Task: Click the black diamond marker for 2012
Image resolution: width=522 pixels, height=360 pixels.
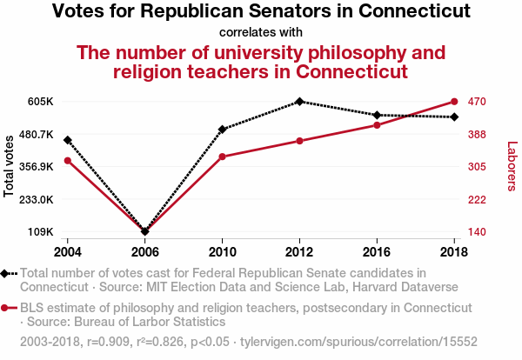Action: [x=299, y=102]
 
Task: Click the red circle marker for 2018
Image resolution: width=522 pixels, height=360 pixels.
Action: [x=454, y=102]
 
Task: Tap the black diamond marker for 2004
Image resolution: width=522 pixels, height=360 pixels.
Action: [x=68, y=140]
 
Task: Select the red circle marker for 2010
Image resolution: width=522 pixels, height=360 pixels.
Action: [x=223, y=157]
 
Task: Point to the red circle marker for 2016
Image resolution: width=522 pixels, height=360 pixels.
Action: [x=377, y=125]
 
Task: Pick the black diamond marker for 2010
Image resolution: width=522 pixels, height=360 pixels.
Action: [x=223, y=130]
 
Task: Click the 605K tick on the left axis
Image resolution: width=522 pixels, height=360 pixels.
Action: [x=40, y=102]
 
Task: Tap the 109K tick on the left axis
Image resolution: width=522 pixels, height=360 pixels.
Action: [x=40, y=232]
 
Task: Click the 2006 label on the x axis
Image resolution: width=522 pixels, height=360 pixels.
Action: [x=145, y=251]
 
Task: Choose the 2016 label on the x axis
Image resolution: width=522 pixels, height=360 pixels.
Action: [x=377, y=251]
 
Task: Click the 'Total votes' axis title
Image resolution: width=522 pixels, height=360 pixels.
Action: [x=10, y=165]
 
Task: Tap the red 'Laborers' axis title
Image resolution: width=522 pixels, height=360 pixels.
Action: [x=512, y=165]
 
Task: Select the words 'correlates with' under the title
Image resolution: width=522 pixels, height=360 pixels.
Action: [x=261, y=32]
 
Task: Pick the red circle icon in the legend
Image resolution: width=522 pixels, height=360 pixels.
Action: [x=6, y=308]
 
